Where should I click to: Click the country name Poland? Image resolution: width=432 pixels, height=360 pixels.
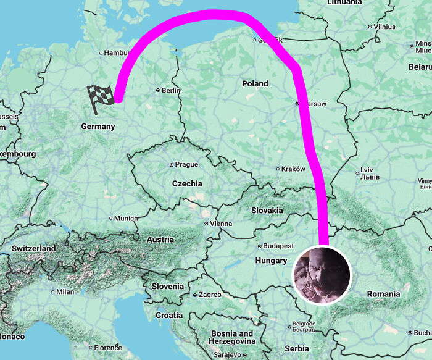255,83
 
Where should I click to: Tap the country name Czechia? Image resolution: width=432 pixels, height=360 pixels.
186,183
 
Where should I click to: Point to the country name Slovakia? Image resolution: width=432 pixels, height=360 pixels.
267,211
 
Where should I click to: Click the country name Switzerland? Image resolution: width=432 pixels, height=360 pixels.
33,249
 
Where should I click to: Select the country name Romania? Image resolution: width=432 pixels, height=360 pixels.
383,294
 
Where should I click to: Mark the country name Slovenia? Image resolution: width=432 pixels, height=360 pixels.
167,287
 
